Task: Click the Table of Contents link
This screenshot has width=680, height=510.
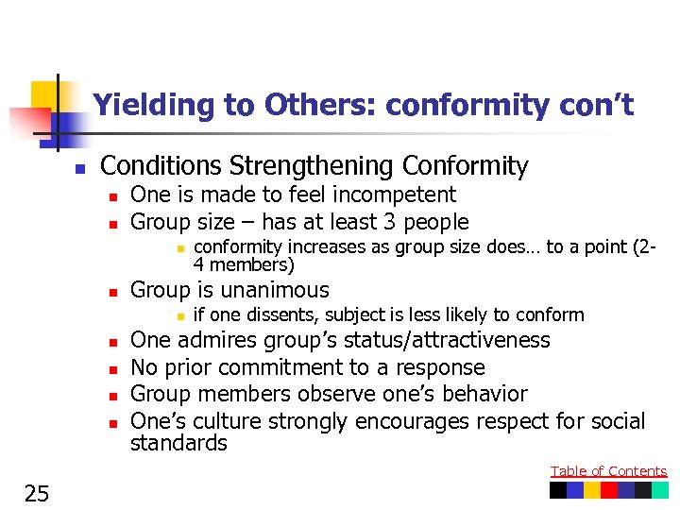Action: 608,471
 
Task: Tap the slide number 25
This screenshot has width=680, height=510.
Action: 38,492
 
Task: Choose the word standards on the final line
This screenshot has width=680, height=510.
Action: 178,443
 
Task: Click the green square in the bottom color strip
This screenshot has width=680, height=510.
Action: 659,490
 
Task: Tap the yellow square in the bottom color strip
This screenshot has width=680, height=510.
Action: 592,490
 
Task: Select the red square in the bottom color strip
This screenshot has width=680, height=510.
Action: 609,490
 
